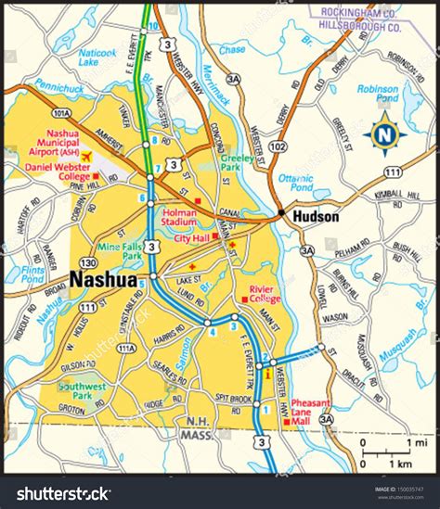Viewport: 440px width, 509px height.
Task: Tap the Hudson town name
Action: (316, 216)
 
